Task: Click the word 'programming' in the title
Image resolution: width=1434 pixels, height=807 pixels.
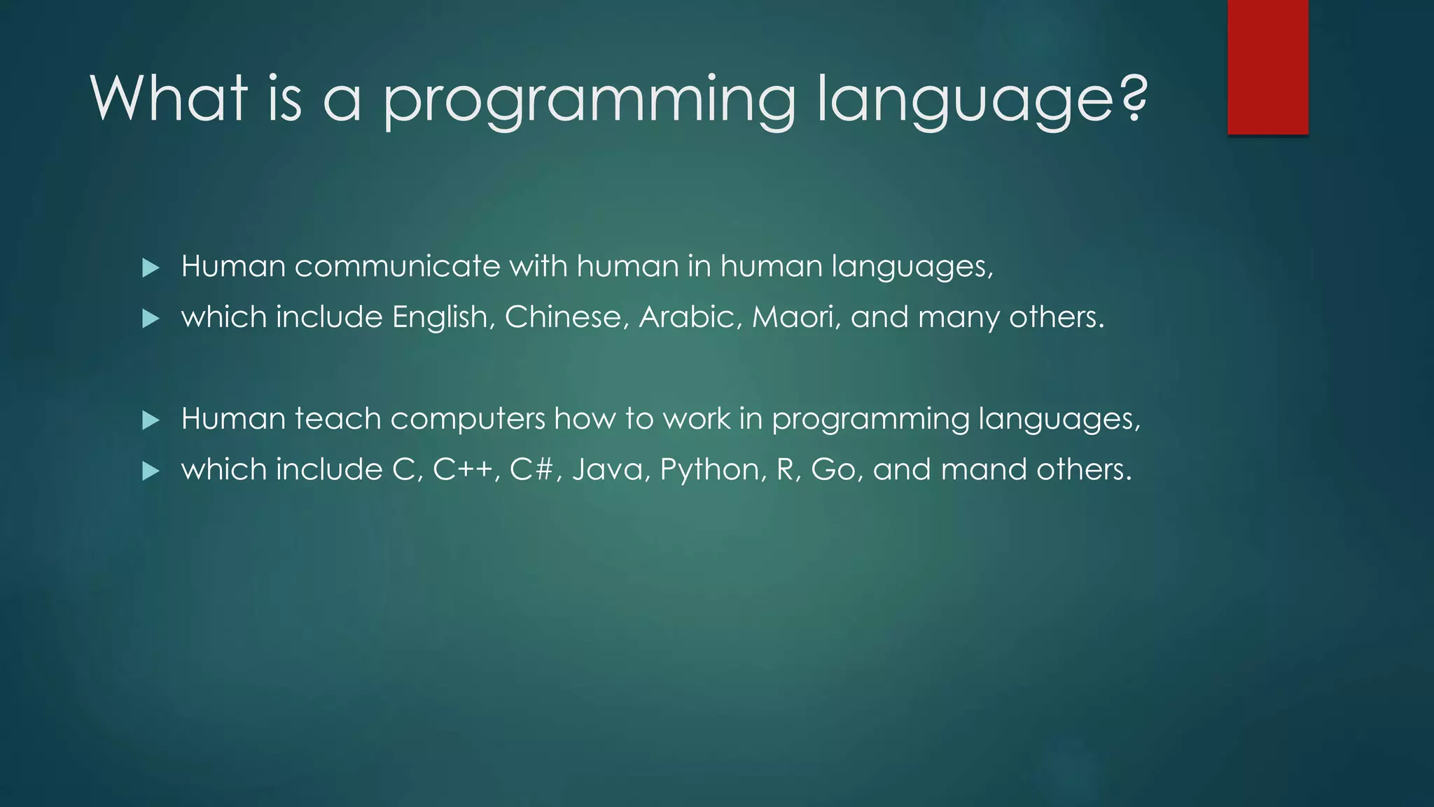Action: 588,102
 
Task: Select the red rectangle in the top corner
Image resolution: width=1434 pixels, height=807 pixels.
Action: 1267,67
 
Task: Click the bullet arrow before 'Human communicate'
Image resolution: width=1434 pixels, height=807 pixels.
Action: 151,268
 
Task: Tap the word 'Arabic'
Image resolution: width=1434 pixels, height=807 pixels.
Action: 689,317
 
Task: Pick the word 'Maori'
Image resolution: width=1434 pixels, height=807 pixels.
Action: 795,317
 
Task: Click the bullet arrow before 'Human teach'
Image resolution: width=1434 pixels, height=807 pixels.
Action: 151,420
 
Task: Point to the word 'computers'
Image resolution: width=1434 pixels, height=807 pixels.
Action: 467,420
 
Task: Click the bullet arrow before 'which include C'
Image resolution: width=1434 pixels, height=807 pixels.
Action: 151,471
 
